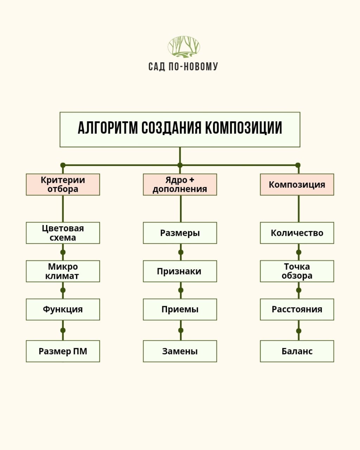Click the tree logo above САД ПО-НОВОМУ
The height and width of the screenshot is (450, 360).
(184, 47)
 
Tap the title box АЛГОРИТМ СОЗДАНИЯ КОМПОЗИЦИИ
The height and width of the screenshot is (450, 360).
(180, 129)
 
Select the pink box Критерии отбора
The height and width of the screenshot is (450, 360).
(63, 185)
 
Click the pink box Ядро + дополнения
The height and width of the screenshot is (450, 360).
(180, 185)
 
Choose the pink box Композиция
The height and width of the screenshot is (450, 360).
(297, 185)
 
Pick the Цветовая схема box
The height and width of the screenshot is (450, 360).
(63, 233)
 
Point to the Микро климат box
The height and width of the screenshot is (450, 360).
(63, 271)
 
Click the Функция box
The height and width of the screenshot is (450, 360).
(63, 309)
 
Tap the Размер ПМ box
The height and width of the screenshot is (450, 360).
(63, 351)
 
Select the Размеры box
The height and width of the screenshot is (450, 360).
(180, 233)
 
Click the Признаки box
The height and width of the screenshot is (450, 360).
(180, 271)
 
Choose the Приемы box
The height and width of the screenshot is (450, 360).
(180, 309)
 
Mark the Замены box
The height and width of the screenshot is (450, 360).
(180, 351)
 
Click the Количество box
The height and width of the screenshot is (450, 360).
(297, 233)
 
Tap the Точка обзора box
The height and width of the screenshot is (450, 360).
(297, 271)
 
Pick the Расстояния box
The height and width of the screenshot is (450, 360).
(297, 309)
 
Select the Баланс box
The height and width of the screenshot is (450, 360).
(297, 351)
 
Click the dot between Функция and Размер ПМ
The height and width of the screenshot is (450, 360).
(63, 330)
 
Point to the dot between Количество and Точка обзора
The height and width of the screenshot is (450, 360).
(298, 252)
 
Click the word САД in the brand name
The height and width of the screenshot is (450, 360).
(157, 66)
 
